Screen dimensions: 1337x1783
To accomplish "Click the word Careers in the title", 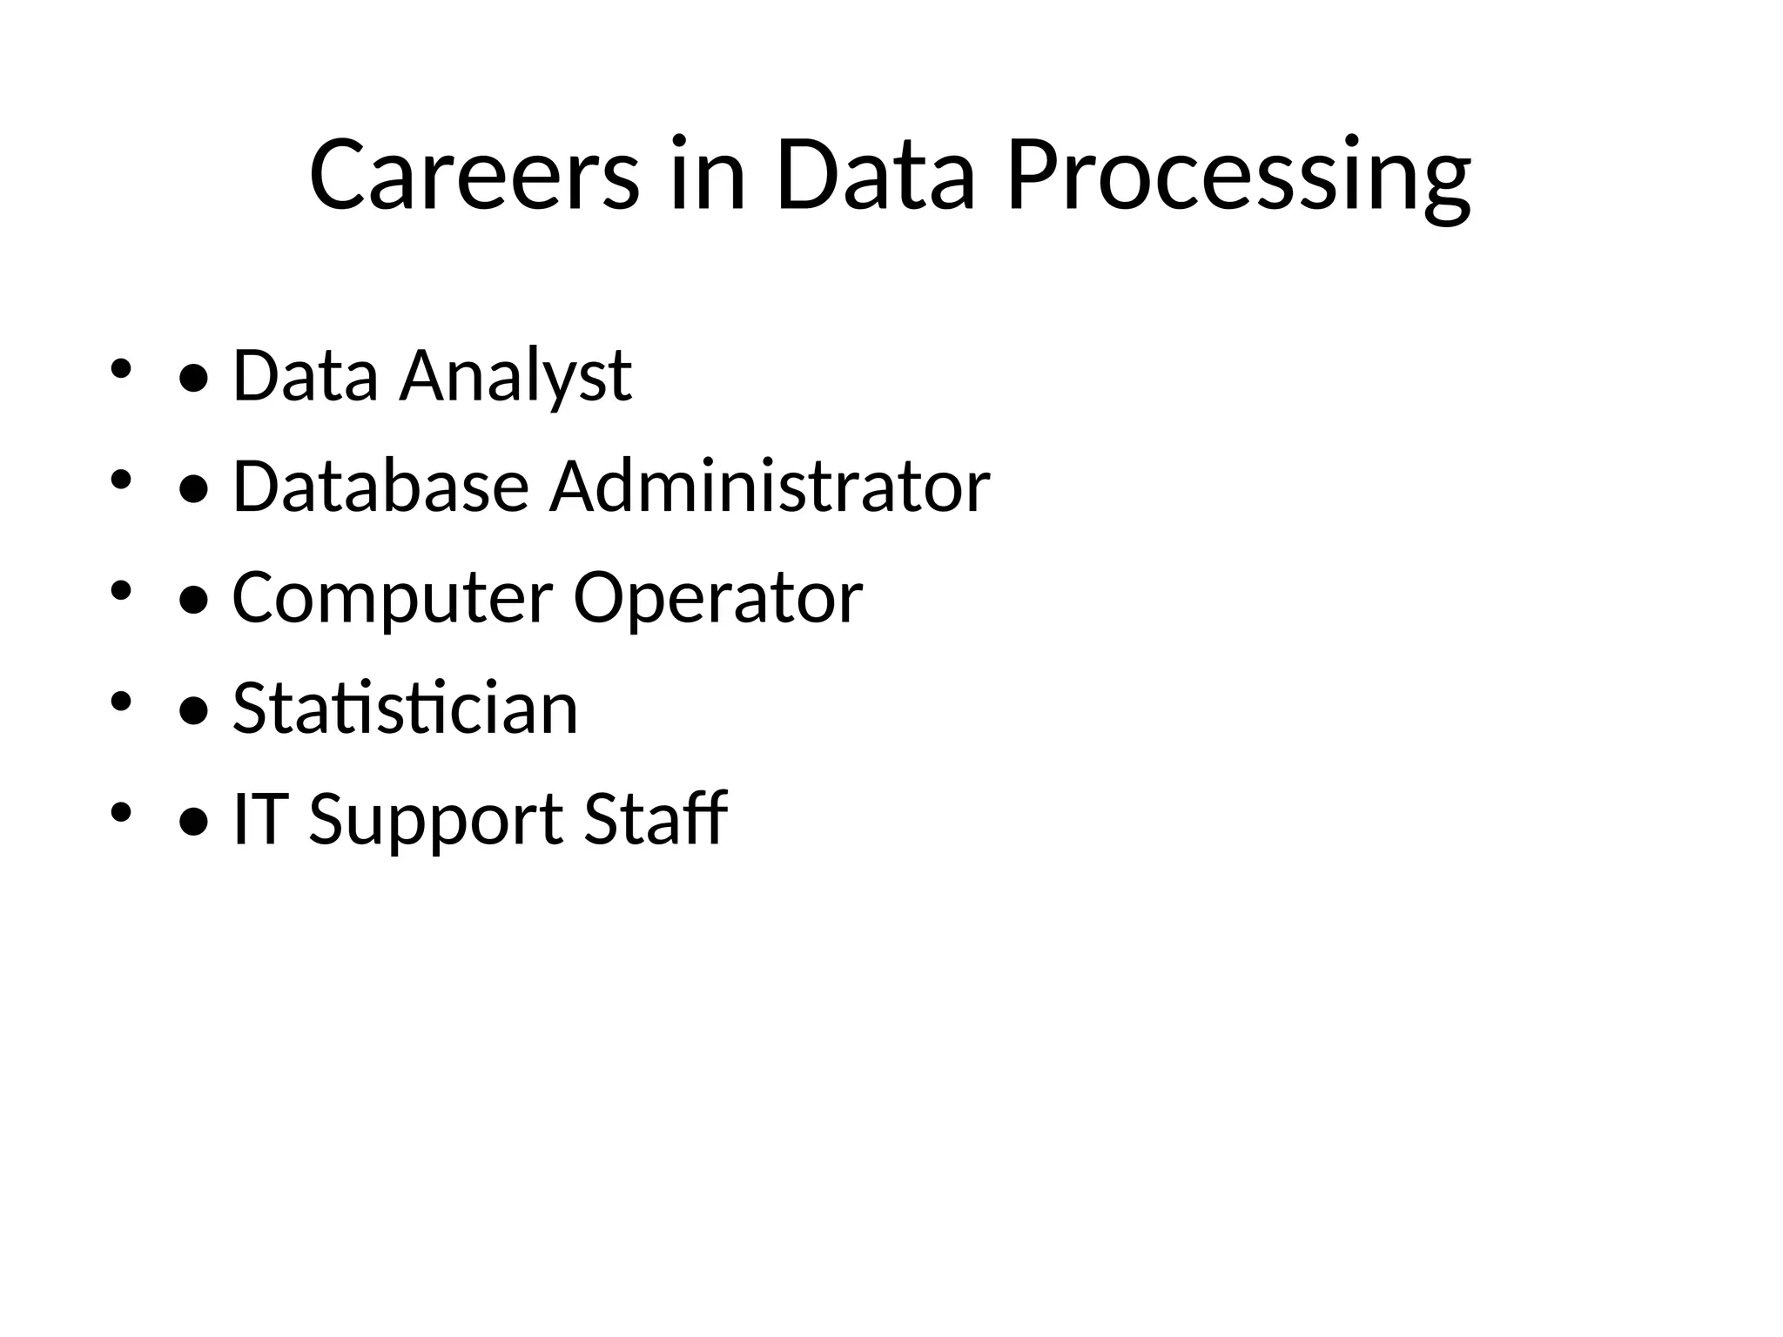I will tap(474, 175).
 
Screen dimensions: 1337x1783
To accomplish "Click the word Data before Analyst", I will tap(306, 375).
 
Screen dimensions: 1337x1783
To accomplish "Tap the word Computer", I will tap(392, 599).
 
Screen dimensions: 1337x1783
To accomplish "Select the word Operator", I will tap(717, 599).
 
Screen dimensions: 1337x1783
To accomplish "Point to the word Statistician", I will tap(405, 708).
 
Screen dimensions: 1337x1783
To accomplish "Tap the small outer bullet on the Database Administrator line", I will tap(120, 480).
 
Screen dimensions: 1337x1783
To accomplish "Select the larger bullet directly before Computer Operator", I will tap(193, 600).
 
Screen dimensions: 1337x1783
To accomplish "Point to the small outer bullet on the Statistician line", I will tap(120, 701).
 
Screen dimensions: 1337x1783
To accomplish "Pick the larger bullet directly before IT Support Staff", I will tap(193, 821).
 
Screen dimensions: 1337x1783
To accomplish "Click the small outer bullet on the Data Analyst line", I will tap(120, 368).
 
